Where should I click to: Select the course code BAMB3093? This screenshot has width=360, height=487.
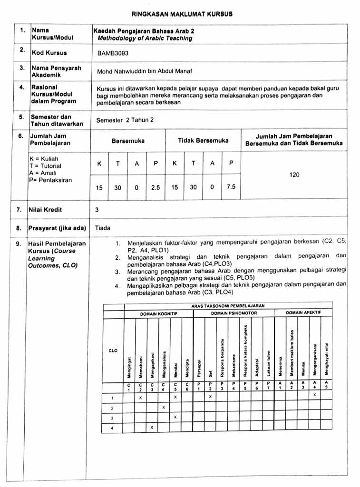pos(113,53)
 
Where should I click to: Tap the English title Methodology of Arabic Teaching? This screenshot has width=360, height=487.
pos(145,38)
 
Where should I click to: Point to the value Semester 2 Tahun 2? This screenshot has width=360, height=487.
pos(125,120)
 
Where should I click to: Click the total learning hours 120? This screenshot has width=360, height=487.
pos(294,175)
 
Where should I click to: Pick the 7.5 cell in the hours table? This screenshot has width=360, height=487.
pos(231,187)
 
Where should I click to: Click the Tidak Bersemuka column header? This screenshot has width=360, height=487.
pos(203,140)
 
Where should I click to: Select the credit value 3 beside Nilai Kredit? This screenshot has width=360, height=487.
pos(97,209)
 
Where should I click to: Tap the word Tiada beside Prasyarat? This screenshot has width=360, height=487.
pos(103,228)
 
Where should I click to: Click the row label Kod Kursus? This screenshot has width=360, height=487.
pos(49,53)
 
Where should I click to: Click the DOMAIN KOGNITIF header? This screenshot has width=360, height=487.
pos(158,314)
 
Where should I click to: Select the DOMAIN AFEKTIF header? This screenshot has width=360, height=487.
pos(303,313)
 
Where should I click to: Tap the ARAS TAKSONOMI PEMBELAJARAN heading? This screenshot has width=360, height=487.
pos(228,306)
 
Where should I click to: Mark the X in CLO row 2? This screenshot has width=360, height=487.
pos(164,408)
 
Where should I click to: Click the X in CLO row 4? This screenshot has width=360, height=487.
pos(152,427)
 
